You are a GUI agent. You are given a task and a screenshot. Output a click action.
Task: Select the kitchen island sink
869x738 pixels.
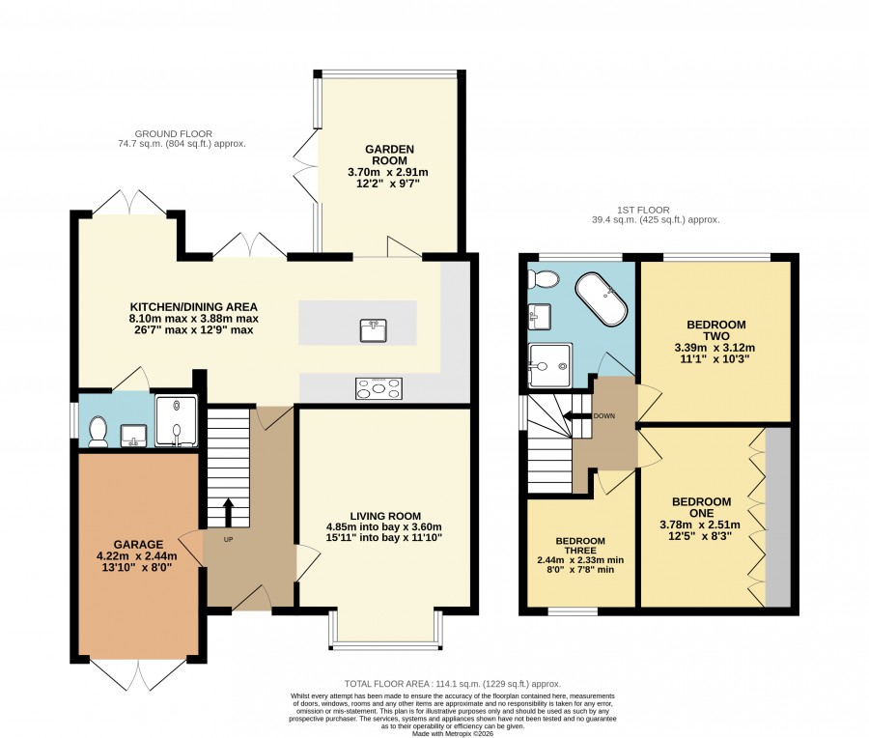click(373, 330)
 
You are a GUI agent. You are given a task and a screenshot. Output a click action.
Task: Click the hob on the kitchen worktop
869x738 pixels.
click(379, 388)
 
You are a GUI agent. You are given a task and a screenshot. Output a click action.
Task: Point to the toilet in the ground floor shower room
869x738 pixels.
click(98, 432)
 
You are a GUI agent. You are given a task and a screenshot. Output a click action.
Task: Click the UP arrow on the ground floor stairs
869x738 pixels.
click(228, 513)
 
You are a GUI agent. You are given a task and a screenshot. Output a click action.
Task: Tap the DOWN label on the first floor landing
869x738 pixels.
click(604, 416)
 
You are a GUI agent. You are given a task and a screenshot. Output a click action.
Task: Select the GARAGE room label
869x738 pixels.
click(138, 545)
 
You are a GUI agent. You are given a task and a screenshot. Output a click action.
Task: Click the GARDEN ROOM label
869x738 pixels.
click(389, 155)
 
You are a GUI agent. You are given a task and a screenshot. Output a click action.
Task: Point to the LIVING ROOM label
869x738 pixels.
click(385, 516)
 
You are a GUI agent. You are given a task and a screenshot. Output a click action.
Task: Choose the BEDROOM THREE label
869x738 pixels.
click(580, 546)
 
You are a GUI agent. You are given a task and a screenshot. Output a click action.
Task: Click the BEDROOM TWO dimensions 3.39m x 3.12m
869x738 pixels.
click(715, 348)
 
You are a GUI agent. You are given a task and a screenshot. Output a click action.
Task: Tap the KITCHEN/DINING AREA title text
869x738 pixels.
click(193, 306)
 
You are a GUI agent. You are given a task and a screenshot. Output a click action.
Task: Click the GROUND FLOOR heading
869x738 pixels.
click(174, 133)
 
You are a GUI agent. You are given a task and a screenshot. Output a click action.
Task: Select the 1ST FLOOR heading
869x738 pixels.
click(643, 211)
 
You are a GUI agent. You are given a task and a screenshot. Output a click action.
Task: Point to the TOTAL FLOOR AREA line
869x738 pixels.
click(453, 684)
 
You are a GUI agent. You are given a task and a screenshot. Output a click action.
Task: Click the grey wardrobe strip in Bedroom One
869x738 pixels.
click(777, 517)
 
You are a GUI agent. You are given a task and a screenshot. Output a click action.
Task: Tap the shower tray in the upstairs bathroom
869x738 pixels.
click(549, 365)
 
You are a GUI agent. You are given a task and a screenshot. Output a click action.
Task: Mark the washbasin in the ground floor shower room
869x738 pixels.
click(133, 436)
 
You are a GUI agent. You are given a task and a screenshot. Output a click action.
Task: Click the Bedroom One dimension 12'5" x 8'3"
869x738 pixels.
click(701, 536)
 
